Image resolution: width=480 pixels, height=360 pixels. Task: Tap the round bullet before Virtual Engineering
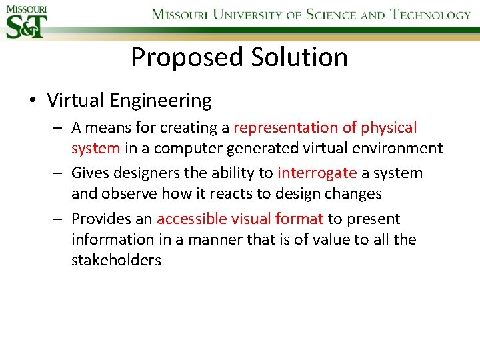pyautogui.click(x=33, y=101)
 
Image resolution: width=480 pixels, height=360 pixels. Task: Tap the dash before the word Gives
pyautogui.click(x=59, y=173)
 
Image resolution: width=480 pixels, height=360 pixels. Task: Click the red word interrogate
pyautogui.click(x=317, y=173)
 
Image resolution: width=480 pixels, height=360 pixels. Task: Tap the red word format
pyautogui.click(x=299, y=219)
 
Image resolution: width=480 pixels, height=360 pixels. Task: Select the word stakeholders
pyautogui.click(x=116, y=260)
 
